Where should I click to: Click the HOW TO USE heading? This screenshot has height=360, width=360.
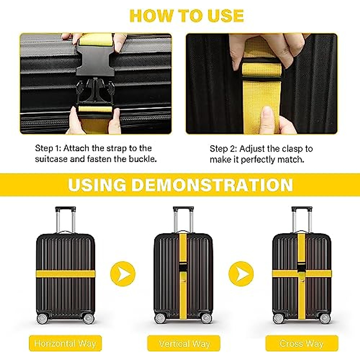click(x=186, y=16)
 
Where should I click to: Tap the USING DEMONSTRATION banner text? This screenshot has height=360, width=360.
click(x=180, y=185)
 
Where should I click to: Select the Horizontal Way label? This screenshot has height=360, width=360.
click(x=65, y=343)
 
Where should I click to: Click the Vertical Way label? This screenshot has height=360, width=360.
click(x=184, y=343)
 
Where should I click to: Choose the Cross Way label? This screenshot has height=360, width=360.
click(x=301, y=343)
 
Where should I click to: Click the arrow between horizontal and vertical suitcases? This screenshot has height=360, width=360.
click(x=123, y=274)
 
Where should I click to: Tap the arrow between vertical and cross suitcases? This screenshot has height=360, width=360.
click(x=241, y=274)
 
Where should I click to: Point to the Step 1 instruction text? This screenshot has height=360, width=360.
click(x=96, y=153)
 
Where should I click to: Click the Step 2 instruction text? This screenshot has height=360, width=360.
click(x=261, y=154)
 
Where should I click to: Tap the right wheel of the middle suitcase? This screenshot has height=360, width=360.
click(x=206, y=318)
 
